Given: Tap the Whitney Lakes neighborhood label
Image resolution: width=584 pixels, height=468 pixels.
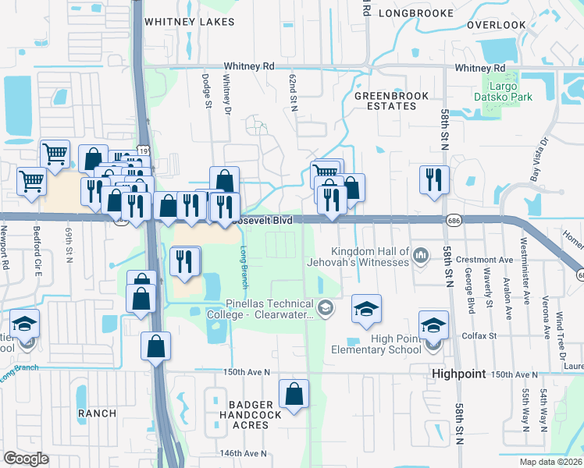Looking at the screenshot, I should click(189, 22).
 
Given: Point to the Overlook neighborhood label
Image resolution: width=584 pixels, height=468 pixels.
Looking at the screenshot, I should click(497, 25).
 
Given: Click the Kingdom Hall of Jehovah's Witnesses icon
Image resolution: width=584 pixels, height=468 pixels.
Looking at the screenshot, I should click(421, 255).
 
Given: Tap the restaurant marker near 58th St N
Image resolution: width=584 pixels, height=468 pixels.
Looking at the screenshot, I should click(433, 179).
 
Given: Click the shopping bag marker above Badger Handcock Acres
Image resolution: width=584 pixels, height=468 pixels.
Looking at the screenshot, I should click(294, 395).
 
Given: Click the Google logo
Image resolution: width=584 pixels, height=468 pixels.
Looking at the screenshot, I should click(27, 458).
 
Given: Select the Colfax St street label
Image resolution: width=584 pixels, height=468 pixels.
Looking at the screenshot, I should click(482, 335).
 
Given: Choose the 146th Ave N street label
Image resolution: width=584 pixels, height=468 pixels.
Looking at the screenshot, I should click(244, 453).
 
